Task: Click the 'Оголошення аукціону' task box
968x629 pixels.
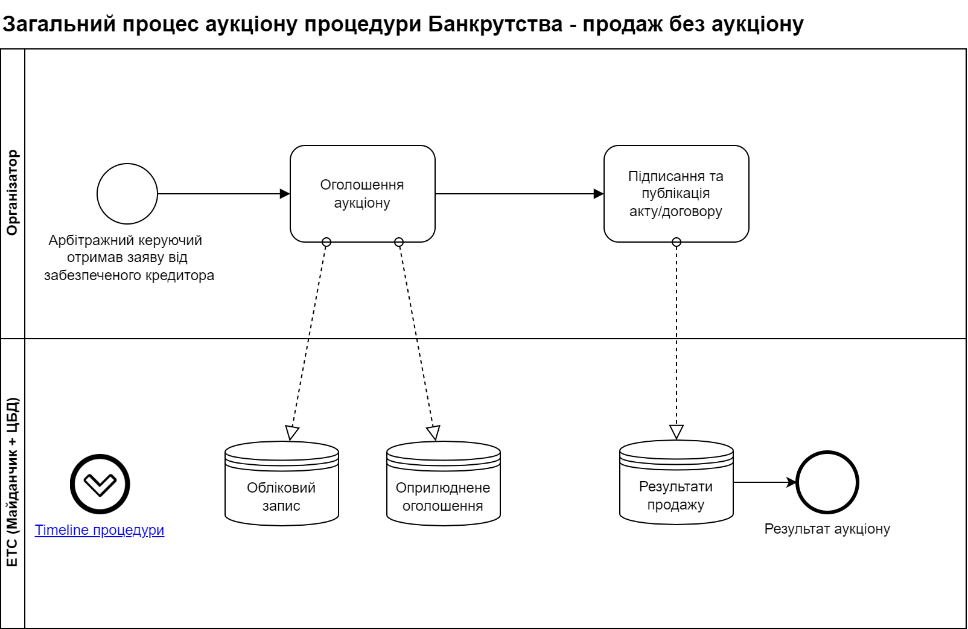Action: point(362,194)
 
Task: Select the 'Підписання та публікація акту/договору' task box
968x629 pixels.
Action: point(676,194)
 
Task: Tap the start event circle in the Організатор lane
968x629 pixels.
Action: point(127,194)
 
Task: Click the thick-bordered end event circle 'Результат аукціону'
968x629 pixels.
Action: point(827,482)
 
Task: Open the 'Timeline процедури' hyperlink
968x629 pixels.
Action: point(100,530)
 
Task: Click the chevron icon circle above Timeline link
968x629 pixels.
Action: point(100,484)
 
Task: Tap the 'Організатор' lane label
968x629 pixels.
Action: point(13,193)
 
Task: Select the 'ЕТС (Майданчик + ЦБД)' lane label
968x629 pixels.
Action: point(13,483)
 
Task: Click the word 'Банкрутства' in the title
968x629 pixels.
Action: point(495,24)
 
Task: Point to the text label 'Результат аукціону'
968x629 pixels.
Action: point(827,529)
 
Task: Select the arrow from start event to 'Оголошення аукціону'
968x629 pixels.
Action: point(223,194)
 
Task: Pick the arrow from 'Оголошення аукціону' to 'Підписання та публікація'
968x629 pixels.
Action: point(519,194)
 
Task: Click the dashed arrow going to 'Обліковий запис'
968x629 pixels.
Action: point(309,338)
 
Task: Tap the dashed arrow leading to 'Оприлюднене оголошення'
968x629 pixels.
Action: point(416,338)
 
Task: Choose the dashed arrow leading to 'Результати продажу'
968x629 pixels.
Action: point(677,338)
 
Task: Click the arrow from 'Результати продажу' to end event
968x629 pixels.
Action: point(764,482)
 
